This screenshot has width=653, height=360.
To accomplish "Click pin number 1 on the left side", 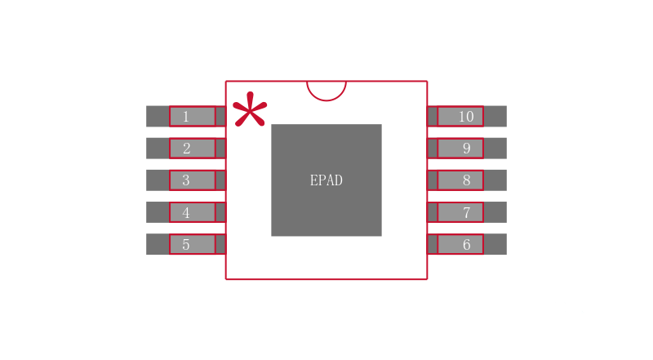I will coord(192,116).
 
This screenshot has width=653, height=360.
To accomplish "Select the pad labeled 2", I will coord(192,148).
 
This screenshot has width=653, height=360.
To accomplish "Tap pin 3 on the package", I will coord(192,180).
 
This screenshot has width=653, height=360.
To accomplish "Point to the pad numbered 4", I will coord(192,212).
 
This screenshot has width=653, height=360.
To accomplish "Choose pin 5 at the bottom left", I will coord(192,244).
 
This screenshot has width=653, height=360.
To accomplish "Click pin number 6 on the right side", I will coord(460,244).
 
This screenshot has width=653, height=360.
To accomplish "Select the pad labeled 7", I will coord(460,212).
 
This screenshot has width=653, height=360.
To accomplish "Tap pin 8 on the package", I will coord(460,180).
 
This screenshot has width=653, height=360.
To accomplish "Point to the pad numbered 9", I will coord(460,148).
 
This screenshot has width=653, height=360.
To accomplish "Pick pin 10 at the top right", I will coord(460,116).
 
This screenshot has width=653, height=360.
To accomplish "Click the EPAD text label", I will coord(326,180).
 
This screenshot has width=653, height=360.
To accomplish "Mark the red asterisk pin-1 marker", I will coord(249,110).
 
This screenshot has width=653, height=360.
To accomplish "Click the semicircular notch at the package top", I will coord(326,89).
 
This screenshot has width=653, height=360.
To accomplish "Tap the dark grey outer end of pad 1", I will coord(158,116).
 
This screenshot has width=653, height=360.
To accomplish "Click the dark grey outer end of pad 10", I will coord(495,116).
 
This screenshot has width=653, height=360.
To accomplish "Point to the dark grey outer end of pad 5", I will coord(158,244).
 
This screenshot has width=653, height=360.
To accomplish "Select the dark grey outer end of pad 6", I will coord(495,244).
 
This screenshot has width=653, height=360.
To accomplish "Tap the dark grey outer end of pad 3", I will coord(158,180).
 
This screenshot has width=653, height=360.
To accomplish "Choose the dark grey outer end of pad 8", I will coord(495,180).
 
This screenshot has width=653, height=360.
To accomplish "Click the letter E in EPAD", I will coord(314,180).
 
